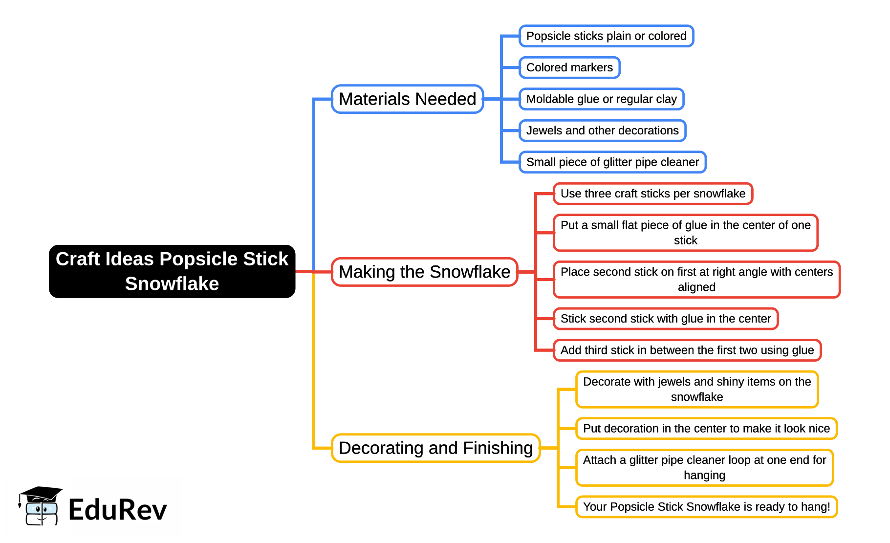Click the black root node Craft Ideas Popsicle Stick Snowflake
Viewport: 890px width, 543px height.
[172, 271]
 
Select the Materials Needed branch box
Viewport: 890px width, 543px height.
[407, 99]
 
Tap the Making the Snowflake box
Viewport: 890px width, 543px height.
[424, 272]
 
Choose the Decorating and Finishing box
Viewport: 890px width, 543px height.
[435, 448]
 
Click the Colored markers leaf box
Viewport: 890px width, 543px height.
[569, 67]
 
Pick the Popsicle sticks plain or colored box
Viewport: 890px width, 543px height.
[606, 36]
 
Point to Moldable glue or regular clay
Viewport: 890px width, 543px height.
[601, 99]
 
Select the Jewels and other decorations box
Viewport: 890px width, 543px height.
[602, 130]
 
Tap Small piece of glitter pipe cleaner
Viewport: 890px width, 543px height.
[612, 162]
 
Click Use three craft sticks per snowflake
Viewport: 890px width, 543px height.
[652, 194]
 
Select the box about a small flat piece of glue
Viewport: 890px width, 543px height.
[685, 233]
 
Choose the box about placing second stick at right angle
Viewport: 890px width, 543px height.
[696, 280]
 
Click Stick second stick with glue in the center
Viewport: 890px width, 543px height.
[665, 319]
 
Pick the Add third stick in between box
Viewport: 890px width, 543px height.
[687, 350]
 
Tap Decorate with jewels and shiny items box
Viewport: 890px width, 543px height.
[696, 389]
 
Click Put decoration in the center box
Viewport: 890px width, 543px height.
[706, 429]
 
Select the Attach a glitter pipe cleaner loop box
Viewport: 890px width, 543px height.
[704, 468]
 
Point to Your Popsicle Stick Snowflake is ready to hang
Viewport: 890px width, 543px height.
[706, 507]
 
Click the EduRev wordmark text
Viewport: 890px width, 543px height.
[117, 510]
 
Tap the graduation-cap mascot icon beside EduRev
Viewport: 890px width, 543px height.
[40, 506]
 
